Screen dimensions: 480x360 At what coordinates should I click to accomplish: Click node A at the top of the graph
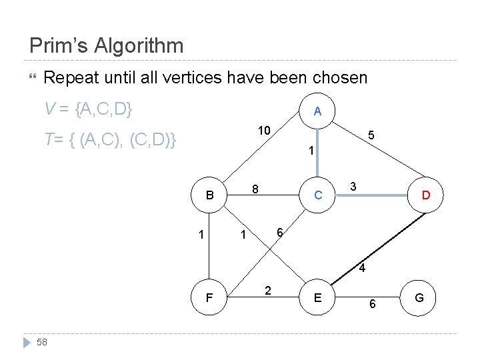(x=317, y=112)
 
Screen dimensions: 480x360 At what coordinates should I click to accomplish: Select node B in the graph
(x=210, y=196)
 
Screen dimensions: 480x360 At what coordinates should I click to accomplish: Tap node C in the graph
(x=318, y=195)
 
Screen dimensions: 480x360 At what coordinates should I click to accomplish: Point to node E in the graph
(x=318, y=298)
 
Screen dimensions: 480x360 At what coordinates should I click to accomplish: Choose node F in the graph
(x=210, y=298)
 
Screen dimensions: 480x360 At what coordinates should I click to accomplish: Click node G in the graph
(x=419, y=297)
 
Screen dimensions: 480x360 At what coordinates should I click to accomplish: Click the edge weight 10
(x=264, y=130)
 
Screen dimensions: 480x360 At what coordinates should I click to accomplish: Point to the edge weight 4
(x=361, y=269)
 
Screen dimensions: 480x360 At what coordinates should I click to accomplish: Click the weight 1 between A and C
(x=311, y=151)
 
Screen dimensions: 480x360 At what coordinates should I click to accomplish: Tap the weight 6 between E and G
(x=373, y=304)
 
